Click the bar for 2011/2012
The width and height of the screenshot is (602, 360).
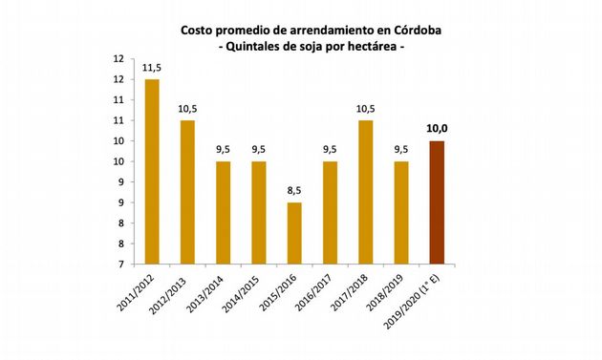[x=151, y=172]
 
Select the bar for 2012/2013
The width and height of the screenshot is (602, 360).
[x=187, y=192]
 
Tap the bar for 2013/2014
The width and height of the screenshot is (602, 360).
[x=223, y=213]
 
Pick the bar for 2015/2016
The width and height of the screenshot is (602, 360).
[x=294, y=233]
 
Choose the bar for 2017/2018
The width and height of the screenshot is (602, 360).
[x=366, y=192]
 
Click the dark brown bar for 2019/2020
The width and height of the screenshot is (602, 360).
[x=438, y=202]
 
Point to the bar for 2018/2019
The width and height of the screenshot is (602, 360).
[x=401, y=213]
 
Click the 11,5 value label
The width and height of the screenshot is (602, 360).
[x=151, y=68]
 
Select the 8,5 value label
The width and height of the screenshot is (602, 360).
[x=294, y=191]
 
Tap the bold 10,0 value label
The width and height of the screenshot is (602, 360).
[x=438, y=129]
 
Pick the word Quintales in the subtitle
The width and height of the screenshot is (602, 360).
[x=261, y=46]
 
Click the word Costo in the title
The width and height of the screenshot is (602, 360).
[x=199, y=30]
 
